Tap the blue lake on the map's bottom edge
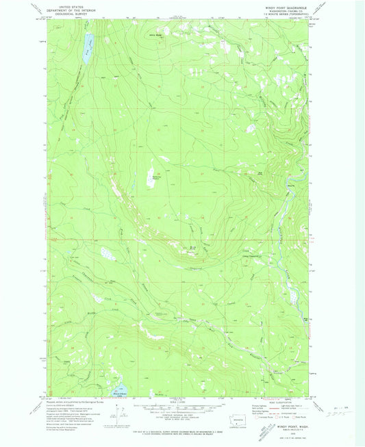tap(114, 392)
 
